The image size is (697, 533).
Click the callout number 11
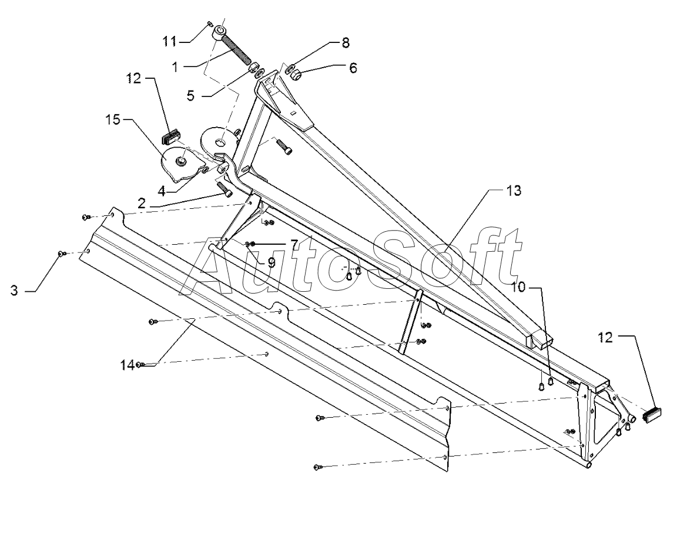pos(169,41)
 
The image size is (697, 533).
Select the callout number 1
pos(175,66)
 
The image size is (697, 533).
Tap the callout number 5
pos(190,96)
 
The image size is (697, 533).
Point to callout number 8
pos(346,43)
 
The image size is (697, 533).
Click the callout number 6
pos(353,68)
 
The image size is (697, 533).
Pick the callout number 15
pos(113,119)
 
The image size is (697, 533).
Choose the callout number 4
pos(162,191)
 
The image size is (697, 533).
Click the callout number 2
pos(142,204)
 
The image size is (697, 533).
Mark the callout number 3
pos(15,291)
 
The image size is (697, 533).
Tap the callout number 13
pos(514,191)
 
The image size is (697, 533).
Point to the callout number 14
pos(127,365)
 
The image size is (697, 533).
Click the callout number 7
pos(294,244)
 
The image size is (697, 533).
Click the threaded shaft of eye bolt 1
pos(236,48)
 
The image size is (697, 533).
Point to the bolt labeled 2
pos(224,189)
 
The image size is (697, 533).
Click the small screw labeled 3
pos(62,253)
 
